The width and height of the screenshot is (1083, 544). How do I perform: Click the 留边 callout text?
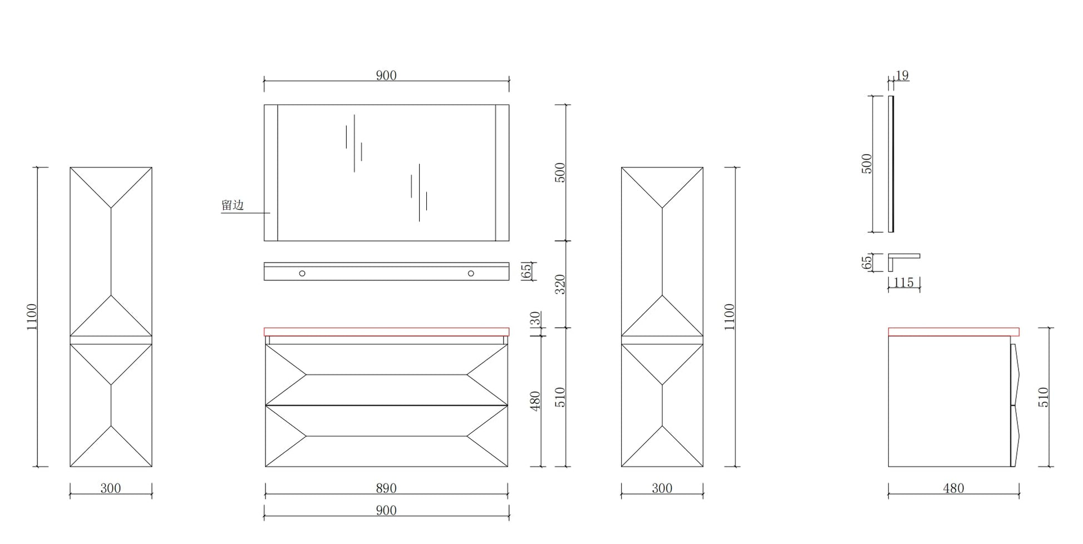coord(233,205)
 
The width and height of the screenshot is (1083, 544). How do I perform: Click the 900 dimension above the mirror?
coord(386,76)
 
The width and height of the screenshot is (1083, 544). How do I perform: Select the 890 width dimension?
coord(386,488)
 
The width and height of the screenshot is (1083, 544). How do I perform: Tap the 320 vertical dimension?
coord(560,284)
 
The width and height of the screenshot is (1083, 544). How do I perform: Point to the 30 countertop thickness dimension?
coord(535,318)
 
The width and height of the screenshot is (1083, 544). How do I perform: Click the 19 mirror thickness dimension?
coord(902,75)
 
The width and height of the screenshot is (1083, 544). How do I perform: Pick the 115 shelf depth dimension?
coord(903,283)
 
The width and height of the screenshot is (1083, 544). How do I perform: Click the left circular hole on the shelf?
coord(302,273)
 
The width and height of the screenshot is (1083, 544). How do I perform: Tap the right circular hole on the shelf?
coord(471,273)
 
